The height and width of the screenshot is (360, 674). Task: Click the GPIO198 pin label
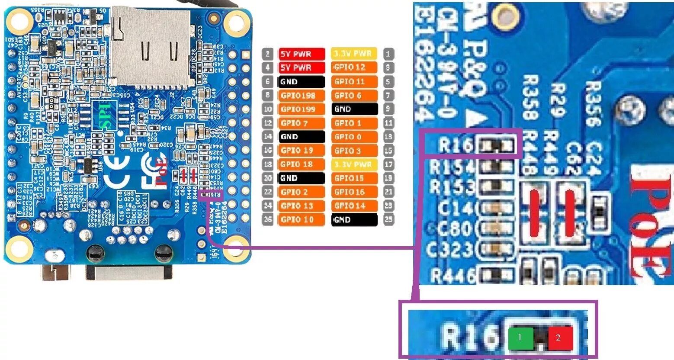[x=301, y=96]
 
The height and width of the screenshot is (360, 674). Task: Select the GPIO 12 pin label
[x=354, y=67]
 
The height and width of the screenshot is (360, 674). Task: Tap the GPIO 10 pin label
[x=301, y=219]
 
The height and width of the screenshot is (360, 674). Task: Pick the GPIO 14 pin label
[x=354, y=206]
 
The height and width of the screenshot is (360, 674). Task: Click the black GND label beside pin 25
[x=354, y=219]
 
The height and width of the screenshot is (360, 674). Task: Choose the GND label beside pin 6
[x=301, y=81]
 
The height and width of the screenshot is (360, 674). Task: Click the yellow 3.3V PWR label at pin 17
[x=354, y=164]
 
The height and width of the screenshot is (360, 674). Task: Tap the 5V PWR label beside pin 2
[x=301, y=54]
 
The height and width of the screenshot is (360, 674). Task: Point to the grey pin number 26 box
[x=268, y=219]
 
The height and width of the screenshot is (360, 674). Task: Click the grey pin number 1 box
[x=388, y=54]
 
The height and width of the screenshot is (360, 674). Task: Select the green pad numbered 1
[x=520, y=337]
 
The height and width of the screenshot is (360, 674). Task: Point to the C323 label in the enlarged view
[x=450, y=250]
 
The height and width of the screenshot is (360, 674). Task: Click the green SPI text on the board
[x=105, y=116]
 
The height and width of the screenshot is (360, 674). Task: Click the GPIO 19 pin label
[x=301, y=151]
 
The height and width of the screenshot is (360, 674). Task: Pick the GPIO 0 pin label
[x=354, y=137]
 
